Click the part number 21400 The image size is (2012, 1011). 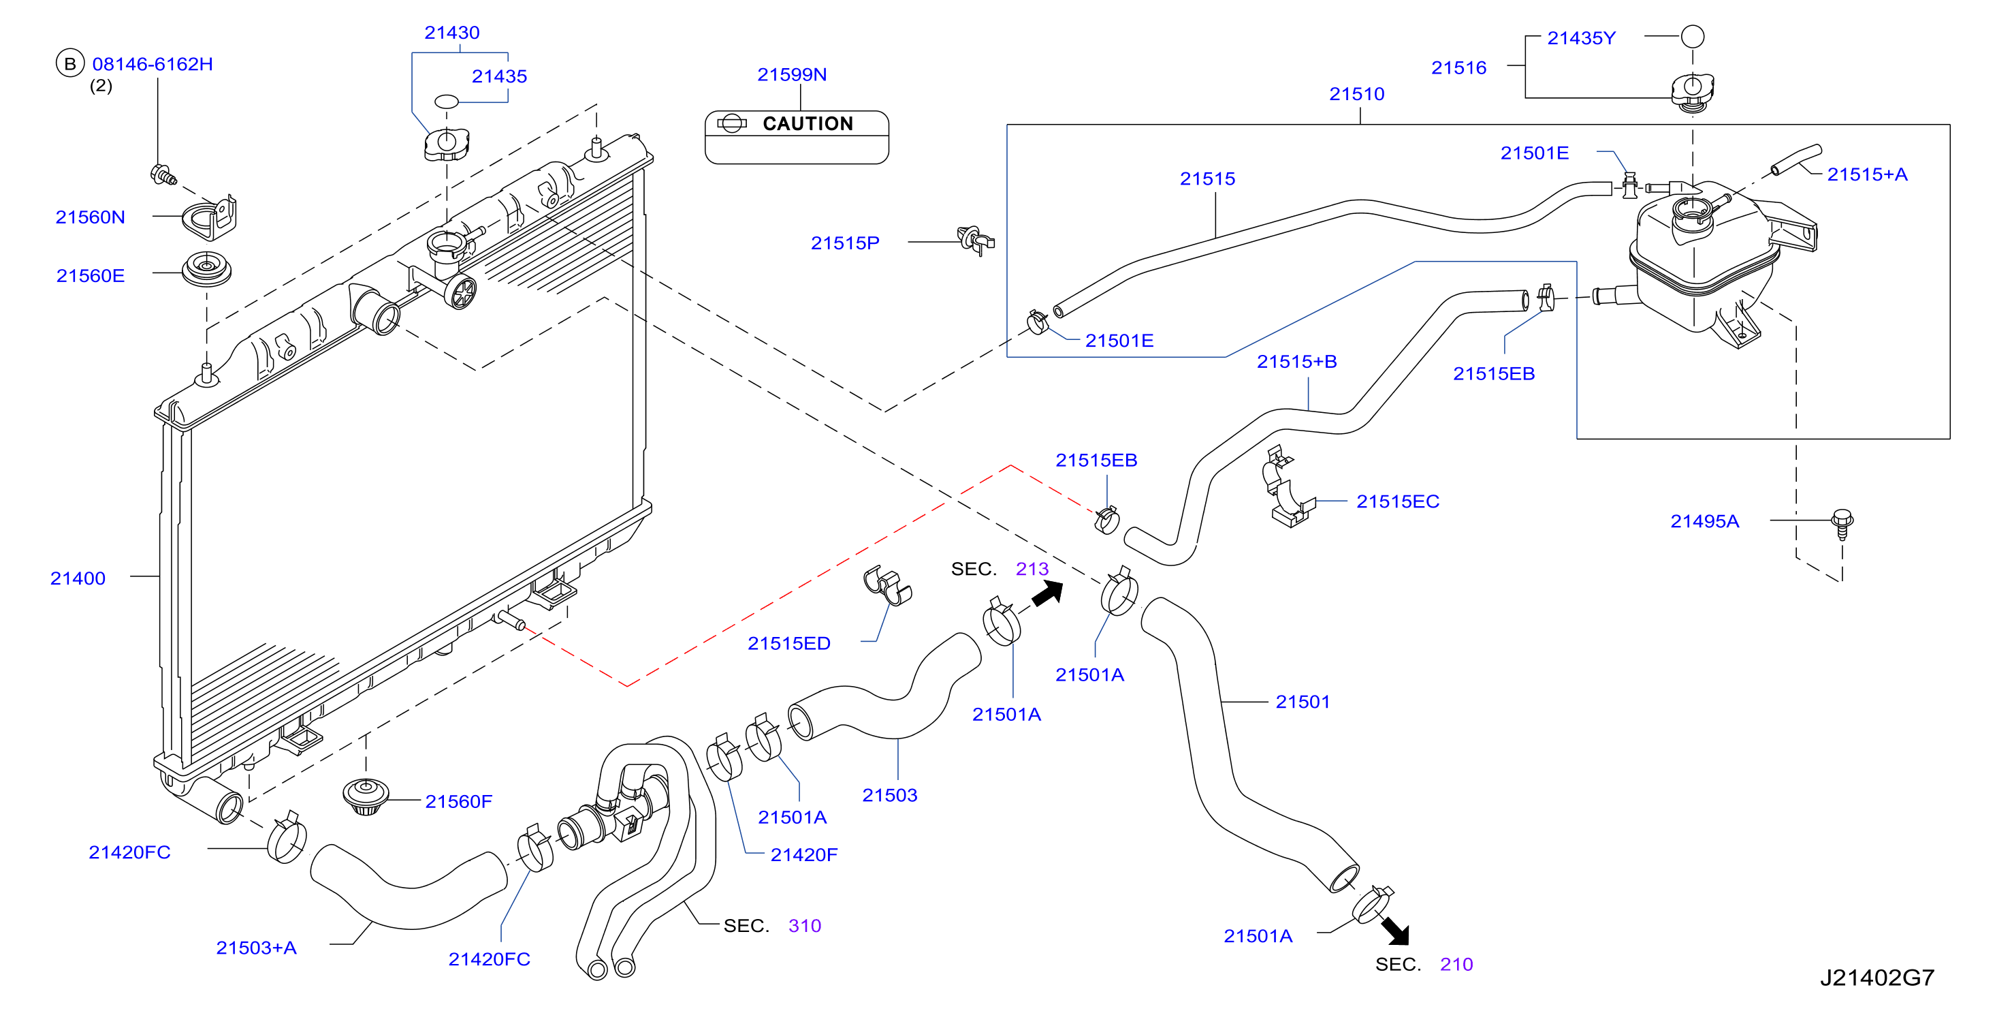click(x=78, y=578)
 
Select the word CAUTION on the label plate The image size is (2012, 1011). click(x=808, y=123)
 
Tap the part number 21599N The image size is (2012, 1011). click(x=792, y=74)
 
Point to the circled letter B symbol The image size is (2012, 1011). click(x=69, y=63)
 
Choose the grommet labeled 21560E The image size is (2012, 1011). click(x=206, y=270)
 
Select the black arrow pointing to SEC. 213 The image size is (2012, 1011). click(x=1047, y=593)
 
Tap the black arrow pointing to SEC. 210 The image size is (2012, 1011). click(x=1395, y=931)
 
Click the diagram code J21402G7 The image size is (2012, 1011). click(x=1877, y=978)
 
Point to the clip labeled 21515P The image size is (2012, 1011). click(x=976, y=240)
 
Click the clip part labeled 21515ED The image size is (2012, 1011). click(x=887, y=585)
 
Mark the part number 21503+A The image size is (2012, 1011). click(x=256, y=948)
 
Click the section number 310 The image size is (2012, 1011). click(x=805, y=926)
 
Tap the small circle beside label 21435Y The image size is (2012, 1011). click(x=1692, y=36)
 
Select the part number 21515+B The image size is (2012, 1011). click(x=1296, y=361)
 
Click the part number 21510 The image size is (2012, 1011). click(x=1357, y=94)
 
